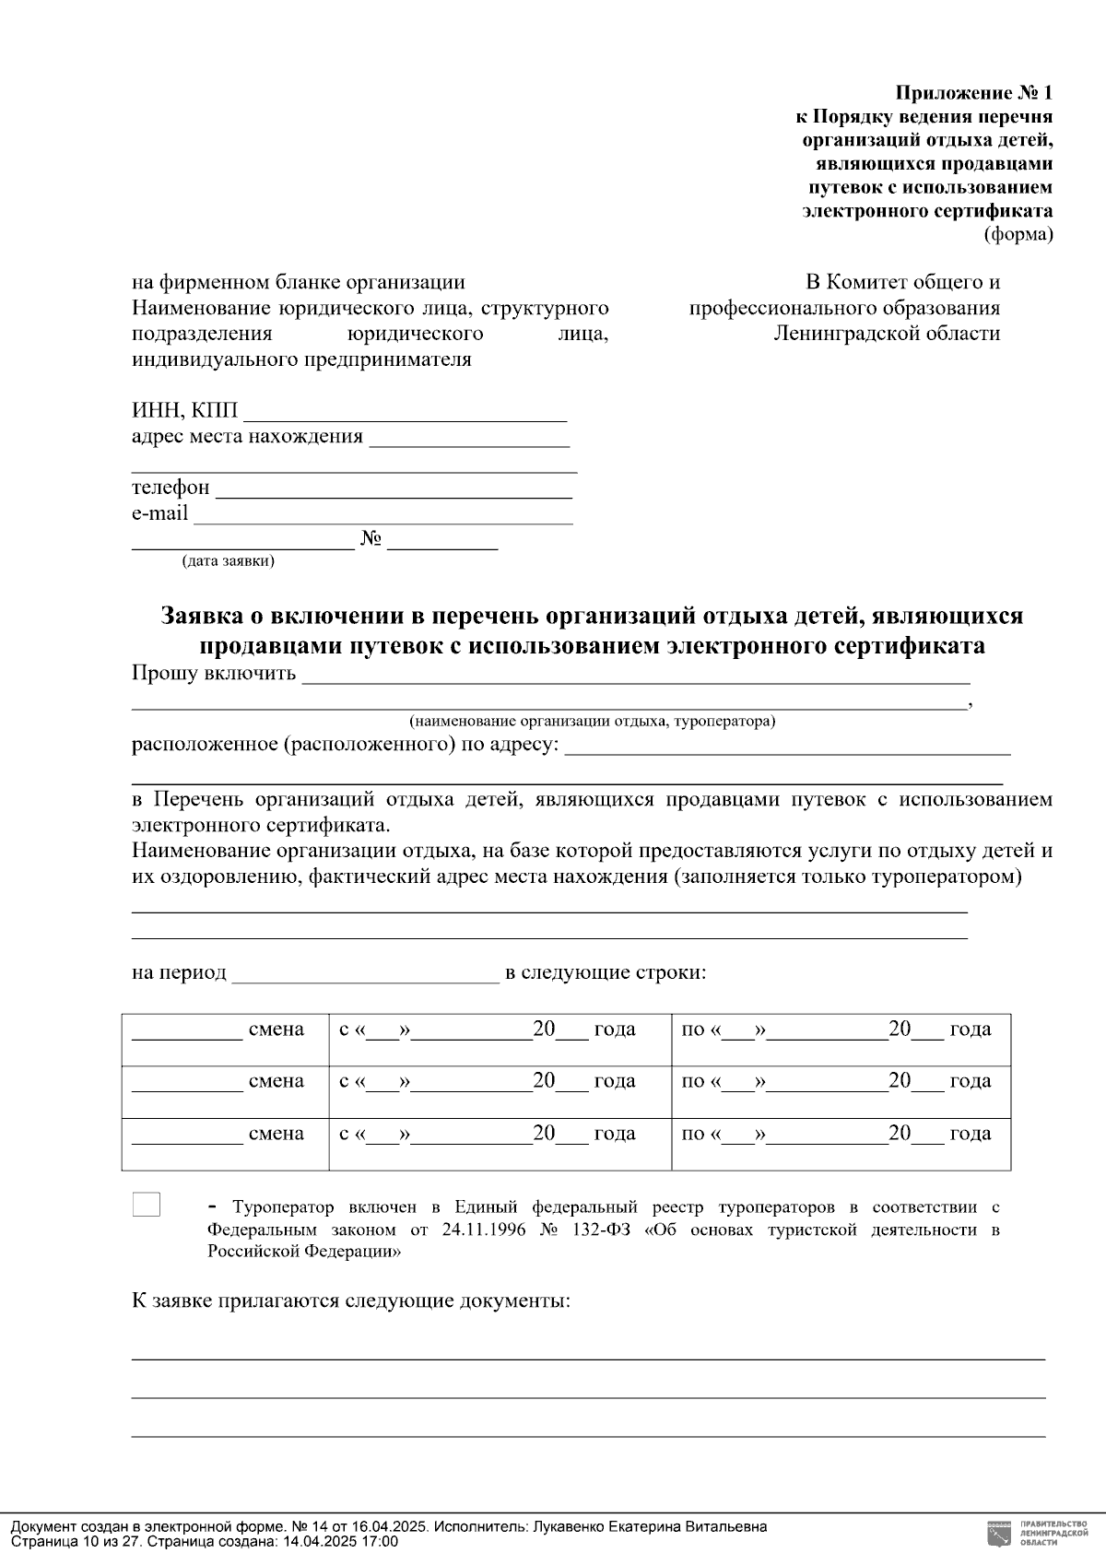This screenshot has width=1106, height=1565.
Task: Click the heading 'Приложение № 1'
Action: (x=973, y=93)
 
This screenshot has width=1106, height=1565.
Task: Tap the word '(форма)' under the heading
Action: (x=1018, y=234)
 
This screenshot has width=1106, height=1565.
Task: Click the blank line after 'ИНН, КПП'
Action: (x=406, y=414)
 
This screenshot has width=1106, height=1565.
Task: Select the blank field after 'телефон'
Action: (x=394, y=490)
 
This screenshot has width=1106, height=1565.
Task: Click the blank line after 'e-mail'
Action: (x=382, y=516)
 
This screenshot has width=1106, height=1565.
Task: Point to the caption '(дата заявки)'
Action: (x=228, y=561)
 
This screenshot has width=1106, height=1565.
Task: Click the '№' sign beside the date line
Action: (x=371, y=539)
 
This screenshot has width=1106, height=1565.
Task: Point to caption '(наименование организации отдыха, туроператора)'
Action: (x=592, y=722)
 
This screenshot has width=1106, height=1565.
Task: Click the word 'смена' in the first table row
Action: (x=276, y=1030)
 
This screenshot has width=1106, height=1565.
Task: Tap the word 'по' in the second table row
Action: (x=692, y=1081)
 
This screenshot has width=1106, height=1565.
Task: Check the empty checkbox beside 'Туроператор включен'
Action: (x=147, y=1205)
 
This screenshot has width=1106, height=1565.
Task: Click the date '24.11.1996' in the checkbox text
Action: (x=487, y=1230)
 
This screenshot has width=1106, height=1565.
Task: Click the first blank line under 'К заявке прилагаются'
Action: (x=588, y=1358)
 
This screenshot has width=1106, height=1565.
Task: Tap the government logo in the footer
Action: (x=997, y=1533)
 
